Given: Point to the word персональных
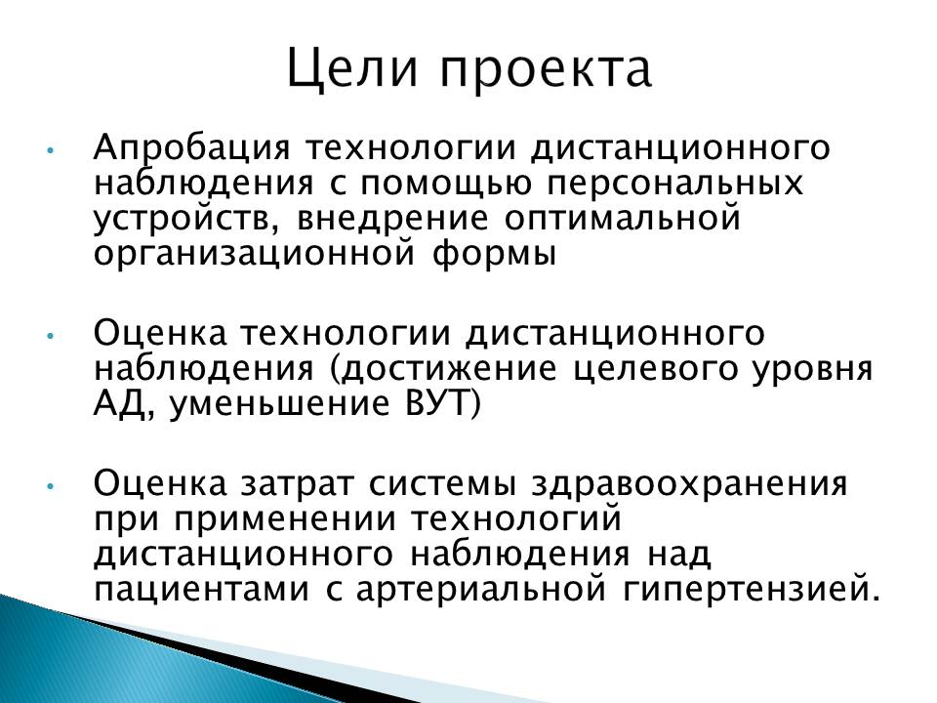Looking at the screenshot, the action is click(675, 185).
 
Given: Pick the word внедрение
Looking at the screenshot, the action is click(392, 219).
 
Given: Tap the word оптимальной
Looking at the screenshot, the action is click(622, 218).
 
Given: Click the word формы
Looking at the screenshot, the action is click(494, 253).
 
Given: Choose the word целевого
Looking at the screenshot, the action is click(654, 370).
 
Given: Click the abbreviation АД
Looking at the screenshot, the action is click(124, 404).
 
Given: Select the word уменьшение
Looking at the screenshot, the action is click(280, 405).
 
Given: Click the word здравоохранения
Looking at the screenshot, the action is click(690, 484).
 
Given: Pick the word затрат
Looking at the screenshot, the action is click(297, 484).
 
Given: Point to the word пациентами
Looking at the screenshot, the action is click(202, 590).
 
